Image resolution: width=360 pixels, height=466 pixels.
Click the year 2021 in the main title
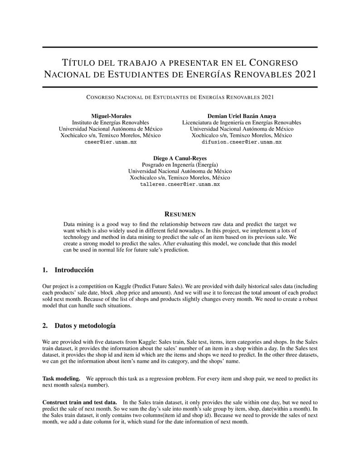point(305,74)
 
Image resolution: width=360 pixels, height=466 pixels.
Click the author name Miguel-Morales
point(111,116)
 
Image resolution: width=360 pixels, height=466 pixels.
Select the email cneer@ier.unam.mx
point(111,142)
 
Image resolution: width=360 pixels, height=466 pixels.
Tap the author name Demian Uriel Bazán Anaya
point(242,116)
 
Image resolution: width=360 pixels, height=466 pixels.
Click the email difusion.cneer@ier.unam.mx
point(242,142)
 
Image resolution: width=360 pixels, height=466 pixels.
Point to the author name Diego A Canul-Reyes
point(180,158)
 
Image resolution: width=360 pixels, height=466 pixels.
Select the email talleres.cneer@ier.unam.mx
point(180,184)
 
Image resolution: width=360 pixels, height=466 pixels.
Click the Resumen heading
point(180,214)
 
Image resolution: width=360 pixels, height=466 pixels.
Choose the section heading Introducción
point(74,270)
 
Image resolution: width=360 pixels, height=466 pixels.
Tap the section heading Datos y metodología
point(85,325)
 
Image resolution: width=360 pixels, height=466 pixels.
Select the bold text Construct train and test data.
point(79,402)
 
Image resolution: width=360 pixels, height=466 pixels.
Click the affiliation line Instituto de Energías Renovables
point(111,122)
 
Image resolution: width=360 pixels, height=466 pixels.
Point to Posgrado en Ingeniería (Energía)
point(180,165)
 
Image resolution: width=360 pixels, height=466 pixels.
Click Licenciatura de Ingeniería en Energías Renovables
point(242,122)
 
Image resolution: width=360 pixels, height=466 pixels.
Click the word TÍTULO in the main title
point(78,62)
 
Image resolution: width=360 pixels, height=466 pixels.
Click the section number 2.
point(45,325)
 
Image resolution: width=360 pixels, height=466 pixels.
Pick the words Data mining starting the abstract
point(78,224)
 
